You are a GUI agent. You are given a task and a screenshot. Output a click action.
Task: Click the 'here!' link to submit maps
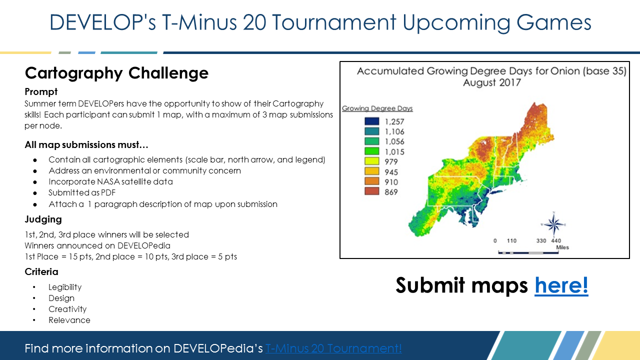(x=561, y=285)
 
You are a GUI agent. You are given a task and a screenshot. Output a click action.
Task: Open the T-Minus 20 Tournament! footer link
(x=333, y=348)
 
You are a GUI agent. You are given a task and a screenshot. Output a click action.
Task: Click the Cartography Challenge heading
(x=116, y=73)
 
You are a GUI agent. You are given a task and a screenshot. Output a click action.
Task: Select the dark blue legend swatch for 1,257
(x=371, y=121)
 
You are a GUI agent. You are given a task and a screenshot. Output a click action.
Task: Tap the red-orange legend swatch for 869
(x=371, y=191)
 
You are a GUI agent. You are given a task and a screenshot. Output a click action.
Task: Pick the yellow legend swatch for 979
(x=371, y=161)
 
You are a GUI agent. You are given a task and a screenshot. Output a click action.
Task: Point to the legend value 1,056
(x=394, y=141)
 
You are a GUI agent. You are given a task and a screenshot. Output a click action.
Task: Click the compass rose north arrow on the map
(x=553, y=225)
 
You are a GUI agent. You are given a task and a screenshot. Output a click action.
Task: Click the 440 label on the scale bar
(x=556, y=240)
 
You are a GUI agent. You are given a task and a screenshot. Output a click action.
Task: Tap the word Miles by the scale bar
(x=562, y=247)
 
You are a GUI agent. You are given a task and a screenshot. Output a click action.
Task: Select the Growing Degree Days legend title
(x=377, y=108)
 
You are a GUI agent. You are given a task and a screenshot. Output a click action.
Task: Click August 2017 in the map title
(x=491, y=82)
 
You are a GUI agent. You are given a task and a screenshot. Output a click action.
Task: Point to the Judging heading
(x=43, y=219)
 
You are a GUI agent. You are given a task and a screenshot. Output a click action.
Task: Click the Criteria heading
(x=41, y=271)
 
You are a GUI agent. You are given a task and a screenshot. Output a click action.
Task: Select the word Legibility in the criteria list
(x=65, y=287)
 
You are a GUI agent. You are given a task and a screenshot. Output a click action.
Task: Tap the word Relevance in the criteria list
(x=69, y=320)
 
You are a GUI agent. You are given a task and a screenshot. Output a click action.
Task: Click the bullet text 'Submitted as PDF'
(x=82, y=192)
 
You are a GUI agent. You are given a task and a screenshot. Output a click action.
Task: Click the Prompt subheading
(x=41, y=91)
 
